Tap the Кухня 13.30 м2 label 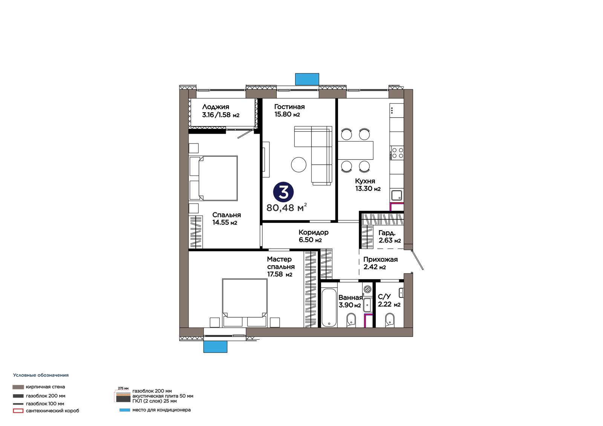click(x=368, y=185)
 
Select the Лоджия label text click(x=216, y=107)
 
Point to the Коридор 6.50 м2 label click(x=314, y=236)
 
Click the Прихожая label click(x=380, y=260)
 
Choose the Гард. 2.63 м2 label click(x=390, y=237)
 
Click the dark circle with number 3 click(x=283, y=192)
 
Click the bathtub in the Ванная click(x=329, y=308)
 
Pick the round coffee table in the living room click(x=298, y=165)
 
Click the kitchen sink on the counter click(x=396, y=195)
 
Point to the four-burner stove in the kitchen click(x=397, y=153)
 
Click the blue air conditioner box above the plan click(x=307, y=79)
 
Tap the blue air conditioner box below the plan click(x=215, y=347)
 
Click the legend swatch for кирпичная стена click(x=18, y=387)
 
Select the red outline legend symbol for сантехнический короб click(x=18, y=411)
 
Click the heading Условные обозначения click(x=41, y=375)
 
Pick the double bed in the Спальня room click(x=213, y=178)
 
